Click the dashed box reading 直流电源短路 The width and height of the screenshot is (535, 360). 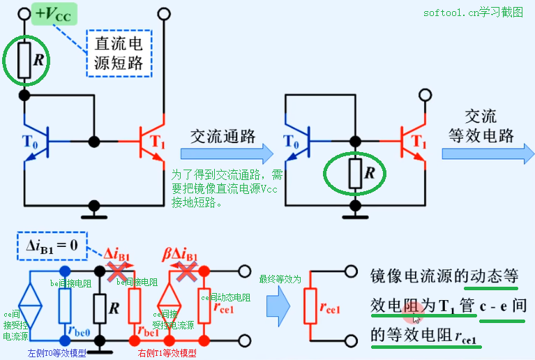(x=119, y=53)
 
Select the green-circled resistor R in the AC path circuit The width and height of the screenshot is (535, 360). (x=356, y=172)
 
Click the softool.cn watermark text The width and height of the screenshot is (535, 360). (x=472, y=13)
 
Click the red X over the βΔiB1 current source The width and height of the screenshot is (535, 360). (x=185, y=271)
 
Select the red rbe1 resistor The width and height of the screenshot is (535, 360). (x=135, y=305)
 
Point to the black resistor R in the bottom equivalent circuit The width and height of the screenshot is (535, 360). (x=100, y=305)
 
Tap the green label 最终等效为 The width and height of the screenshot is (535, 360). (x=280, y=278)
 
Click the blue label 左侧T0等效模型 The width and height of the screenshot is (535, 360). (x=56, y=353)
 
